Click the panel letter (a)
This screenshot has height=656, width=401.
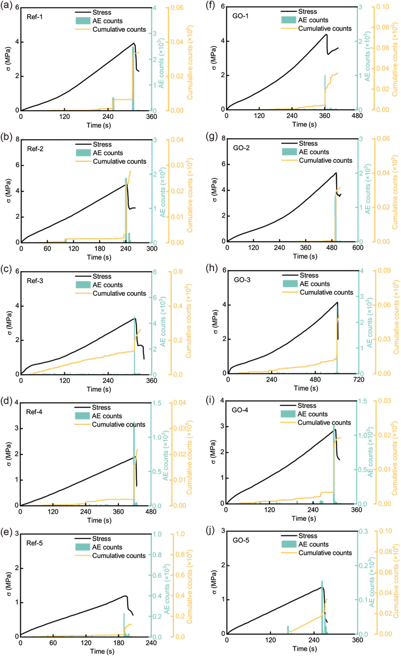6,6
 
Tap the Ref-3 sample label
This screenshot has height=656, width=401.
35,281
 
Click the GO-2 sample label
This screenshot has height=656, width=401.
241,148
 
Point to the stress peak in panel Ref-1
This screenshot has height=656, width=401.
134,43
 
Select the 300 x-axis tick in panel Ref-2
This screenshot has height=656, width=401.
152,248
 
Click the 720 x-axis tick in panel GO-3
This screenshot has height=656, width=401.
359,380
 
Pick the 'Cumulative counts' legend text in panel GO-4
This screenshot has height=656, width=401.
324,423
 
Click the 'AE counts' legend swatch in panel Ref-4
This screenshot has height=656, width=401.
82,416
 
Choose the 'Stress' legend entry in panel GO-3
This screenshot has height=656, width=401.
309,275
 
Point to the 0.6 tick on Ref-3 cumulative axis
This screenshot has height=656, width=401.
178,272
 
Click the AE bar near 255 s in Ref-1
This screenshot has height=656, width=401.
113,104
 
